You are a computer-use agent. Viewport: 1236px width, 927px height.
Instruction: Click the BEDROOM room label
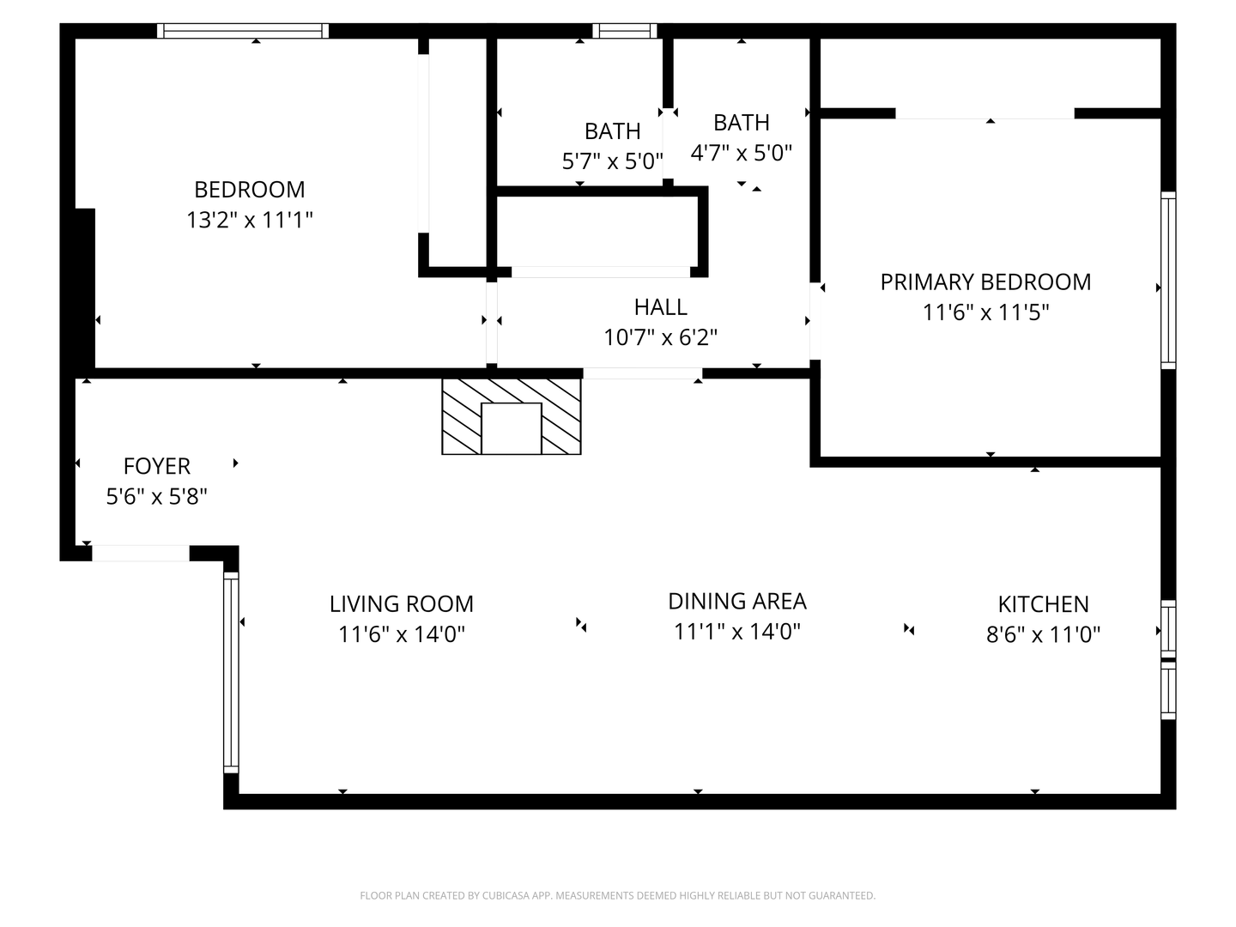(x=249, y=189)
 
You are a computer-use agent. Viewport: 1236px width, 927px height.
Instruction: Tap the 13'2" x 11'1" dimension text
(x=249, y=220)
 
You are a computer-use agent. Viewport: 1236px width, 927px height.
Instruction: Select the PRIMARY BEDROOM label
(x=985, y=282)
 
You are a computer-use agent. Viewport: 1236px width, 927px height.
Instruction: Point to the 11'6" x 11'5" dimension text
(x=985, y=312)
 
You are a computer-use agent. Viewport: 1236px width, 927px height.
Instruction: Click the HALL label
(x=660, y=306)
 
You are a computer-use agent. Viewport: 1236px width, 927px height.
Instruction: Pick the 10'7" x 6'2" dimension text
(x=660, y=337)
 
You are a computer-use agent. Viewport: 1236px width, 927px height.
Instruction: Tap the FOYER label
(x=156, y=465)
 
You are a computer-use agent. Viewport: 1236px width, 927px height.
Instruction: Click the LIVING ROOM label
(x=401, y=603)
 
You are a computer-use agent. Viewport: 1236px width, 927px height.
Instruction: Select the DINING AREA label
(x=737, y=601)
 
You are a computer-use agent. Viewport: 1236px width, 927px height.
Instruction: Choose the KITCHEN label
(x=1043, y=603)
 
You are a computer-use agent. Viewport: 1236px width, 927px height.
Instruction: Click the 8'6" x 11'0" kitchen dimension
(x=1043, y=634)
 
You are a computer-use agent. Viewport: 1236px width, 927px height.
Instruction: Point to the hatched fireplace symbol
(x=512, y=416)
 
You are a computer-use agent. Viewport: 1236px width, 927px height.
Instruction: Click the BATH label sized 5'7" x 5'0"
(x=612, y=130)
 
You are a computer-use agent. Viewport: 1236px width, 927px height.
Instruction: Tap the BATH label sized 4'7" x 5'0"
(x=741, y=122)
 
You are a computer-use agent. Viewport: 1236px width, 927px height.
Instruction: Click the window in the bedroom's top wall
(x=243, y=31)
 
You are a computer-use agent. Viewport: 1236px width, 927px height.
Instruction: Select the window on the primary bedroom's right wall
(x=1168, y=281)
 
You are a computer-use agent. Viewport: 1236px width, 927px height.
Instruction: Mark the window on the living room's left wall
(x=230, y=673)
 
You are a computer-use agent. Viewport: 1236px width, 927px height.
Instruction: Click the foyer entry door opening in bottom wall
(x=140, y=554)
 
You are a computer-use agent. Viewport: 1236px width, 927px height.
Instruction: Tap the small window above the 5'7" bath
(x=624, y=31)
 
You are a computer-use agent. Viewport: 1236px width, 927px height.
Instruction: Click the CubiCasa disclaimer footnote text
(x=617, y=895)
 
